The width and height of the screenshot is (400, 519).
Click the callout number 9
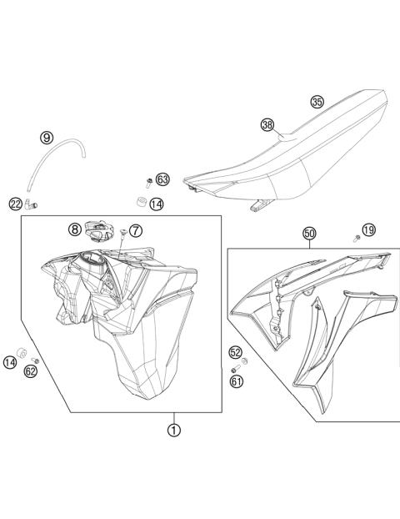(46, 138)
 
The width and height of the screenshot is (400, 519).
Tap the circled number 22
(16, 204)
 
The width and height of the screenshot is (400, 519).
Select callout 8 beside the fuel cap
(74, 229)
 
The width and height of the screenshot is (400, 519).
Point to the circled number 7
(135, 229)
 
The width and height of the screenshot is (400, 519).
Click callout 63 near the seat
(162, 179)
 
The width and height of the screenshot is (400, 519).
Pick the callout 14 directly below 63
(157, 203)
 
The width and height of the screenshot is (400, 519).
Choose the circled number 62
(30, 371)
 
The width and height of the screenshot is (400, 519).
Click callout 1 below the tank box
(174, 431)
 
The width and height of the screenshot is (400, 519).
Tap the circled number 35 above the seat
(317, 102)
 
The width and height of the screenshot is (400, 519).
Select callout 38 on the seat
(267, 125)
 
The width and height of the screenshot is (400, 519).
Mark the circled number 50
(309, 234)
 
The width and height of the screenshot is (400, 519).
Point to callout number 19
(368, 229)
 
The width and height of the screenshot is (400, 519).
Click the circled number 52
(236, 353)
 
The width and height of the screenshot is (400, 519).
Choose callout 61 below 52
(236, 381)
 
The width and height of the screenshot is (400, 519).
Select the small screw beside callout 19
(357, 238)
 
